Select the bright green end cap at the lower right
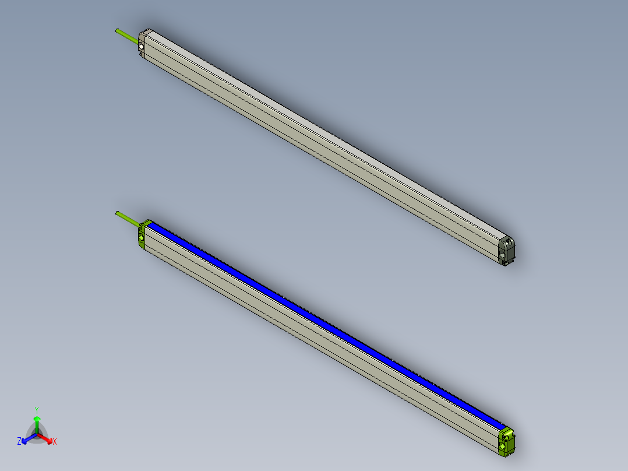point(507,441)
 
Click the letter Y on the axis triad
point(37,409)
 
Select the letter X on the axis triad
point(55,441)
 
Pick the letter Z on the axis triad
point(19,441)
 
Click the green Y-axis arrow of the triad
point(37,423)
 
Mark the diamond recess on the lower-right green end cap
point(502,447)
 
